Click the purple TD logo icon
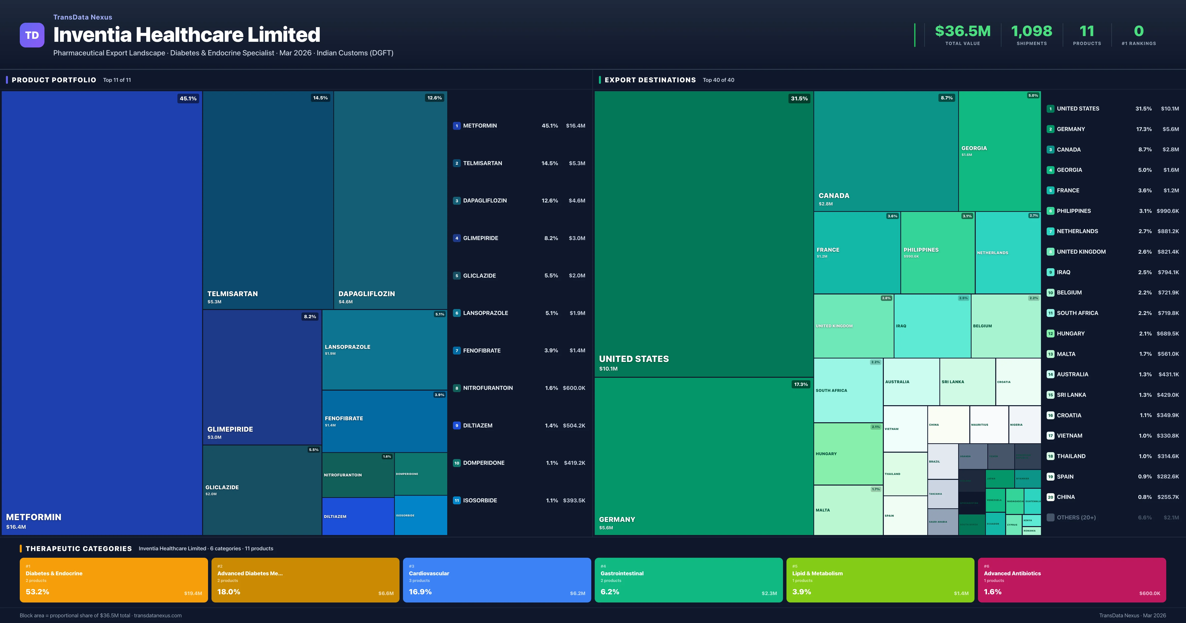click(x=32, y=35)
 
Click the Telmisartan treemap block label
click(x=233, y=293)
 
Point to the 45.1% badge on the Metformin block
click(x=188, y=98)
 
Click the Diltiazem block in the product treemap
click(x=358, y=516)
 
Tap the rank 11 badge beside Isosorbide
click(x=456, y=500)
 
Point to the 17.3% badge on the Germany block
click(x=801, y=384)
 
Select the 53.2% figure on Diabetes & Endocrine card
click(x=37, y=592)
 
